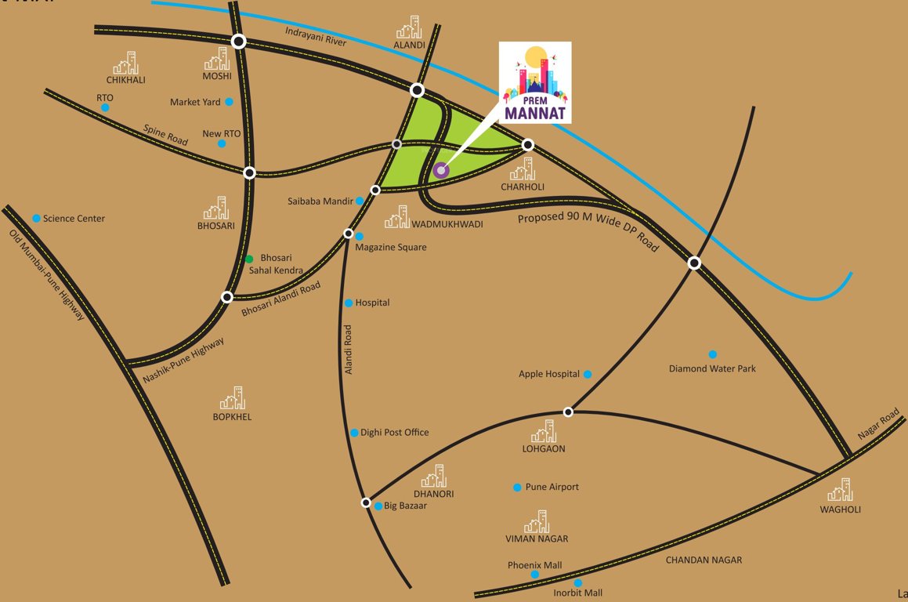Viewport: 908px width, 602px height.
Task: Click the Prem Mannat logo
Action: [x=536, y=82]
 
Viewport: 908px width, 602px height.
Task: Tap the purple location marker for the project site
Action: [x=442, y=169]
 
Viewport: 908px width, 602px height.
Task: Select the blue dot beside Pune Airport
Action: [x=517, y=488]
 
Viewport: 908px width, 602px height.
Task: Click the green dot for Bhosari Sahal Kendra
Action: [x=249, y=259]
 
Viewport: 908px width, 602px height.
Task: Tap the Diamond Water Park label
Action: [x=712, y=368]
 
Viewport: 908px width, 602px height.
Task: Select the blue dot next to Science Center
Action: [x=36, y=218]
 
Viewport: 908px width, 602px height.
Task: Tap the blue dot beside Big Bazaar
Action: [x=378, y=506]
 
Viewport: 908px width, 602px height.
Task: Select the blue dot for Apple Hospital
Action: [x=588, y=375]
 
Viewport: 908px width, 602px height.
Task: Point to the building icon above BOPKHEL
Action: [x=232, y=399]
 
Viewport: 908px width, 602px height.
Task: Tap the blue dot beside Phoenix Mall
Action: [x=535, y=575]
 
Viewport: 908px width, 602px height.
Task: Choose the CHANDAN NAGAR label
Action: [x=704, y=560]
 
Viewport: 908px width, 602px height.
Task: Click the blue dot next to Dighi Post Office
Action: [x=354, y=433]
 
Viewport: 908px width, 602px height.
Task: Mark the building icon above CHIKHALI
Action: [x=126, y=63]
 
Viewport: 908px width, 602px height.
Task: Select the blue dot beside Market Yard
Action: [x=229, y=102]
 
